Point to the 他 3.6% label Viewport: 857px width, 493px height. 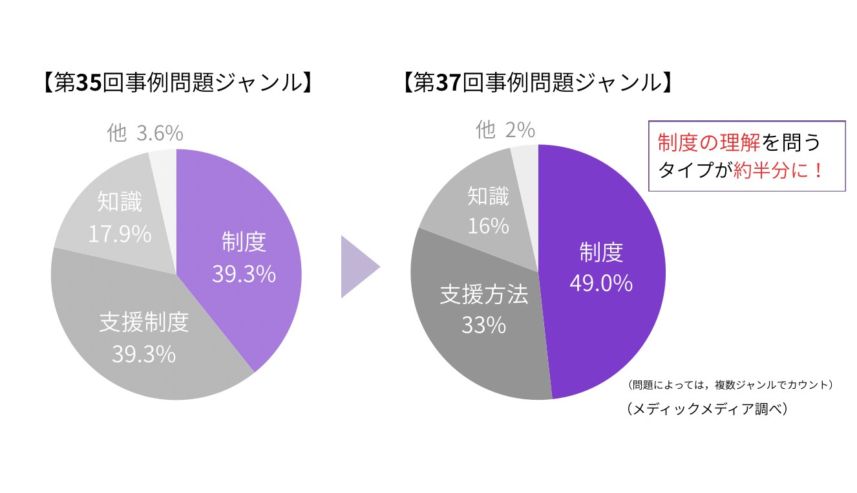pyautogui.click(x=145, y=133)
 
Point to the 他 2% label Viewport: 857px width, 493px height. pyautogui.click(x=505, y=131)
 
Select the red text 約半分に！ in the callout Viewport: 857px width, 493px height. pyautogui.click(x=779, y=170)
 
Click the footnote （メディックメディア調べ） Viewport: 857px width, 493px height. pyautogui.click(x=707, y=410)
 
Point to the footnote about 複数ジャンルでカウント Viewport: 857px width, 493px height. pyautogui.click(x=730, y=385)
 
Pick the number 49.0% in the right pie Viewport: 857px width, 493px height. pyautogui.click(x=600, y=283)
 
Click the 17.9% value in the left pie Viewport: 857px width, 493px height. pyautogui.click(x=120, y=234)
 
